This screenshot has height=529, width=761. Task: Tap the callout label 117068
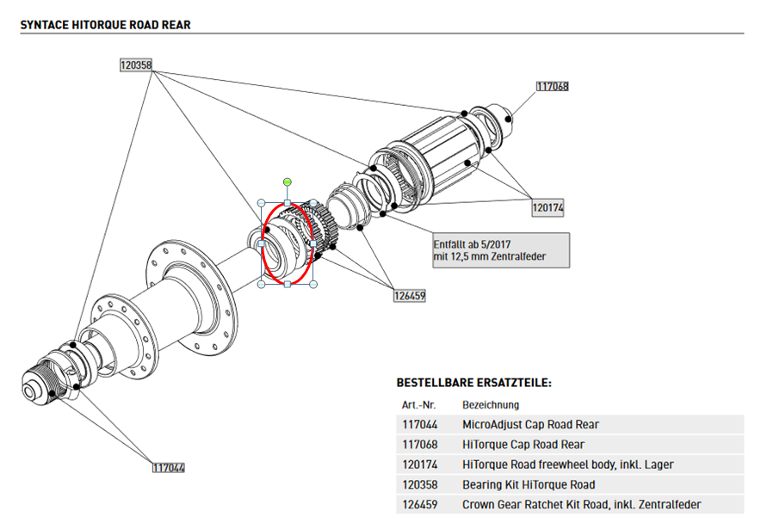pos(552,86)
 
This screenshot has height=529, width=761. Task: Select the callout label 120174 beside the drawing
pos(548,207)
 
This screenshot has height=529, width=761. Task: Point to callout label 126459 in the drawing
pos(409,295)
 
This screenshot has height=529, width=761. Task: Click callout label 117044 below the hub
pos(169,468)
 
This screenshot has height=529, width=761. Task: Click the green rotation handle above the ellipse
pos(287,182)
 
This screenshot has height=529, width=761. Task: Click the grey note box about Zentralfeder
pos(500,250)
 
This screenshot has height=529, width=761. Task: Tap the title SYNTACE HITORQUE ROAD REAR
pos(105,25)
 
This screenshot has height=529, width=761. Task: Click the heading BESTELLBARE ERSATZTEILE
pos(473,382)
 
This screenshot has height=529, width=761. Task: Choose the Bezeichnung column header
pos(491,404)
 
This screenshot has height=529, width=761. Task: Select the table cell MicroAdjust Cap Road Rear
pos(530,424)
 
